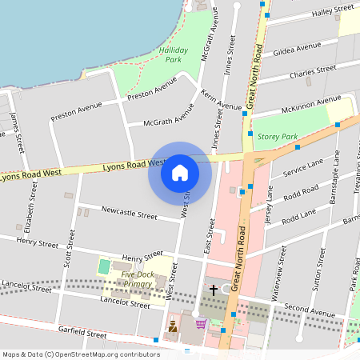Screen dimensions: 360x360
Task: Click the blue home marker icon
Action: click(180, 173)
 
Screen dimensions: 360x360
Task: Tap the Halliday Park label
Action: click(174, 54)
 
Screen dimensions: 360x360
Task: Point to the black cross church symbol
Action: click(214, 289)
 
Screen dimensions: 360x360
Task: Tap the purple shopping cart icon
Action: click(200, 324)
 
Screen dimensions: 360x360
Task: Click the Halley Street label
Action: click(333, 11)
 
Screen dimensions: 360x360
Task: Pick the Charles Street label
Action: click(313, 72)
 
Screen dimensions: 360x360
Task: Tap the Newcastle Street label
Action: click(129, 213)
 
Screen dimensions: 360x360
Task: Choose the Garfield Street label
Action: click(82, 330)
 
